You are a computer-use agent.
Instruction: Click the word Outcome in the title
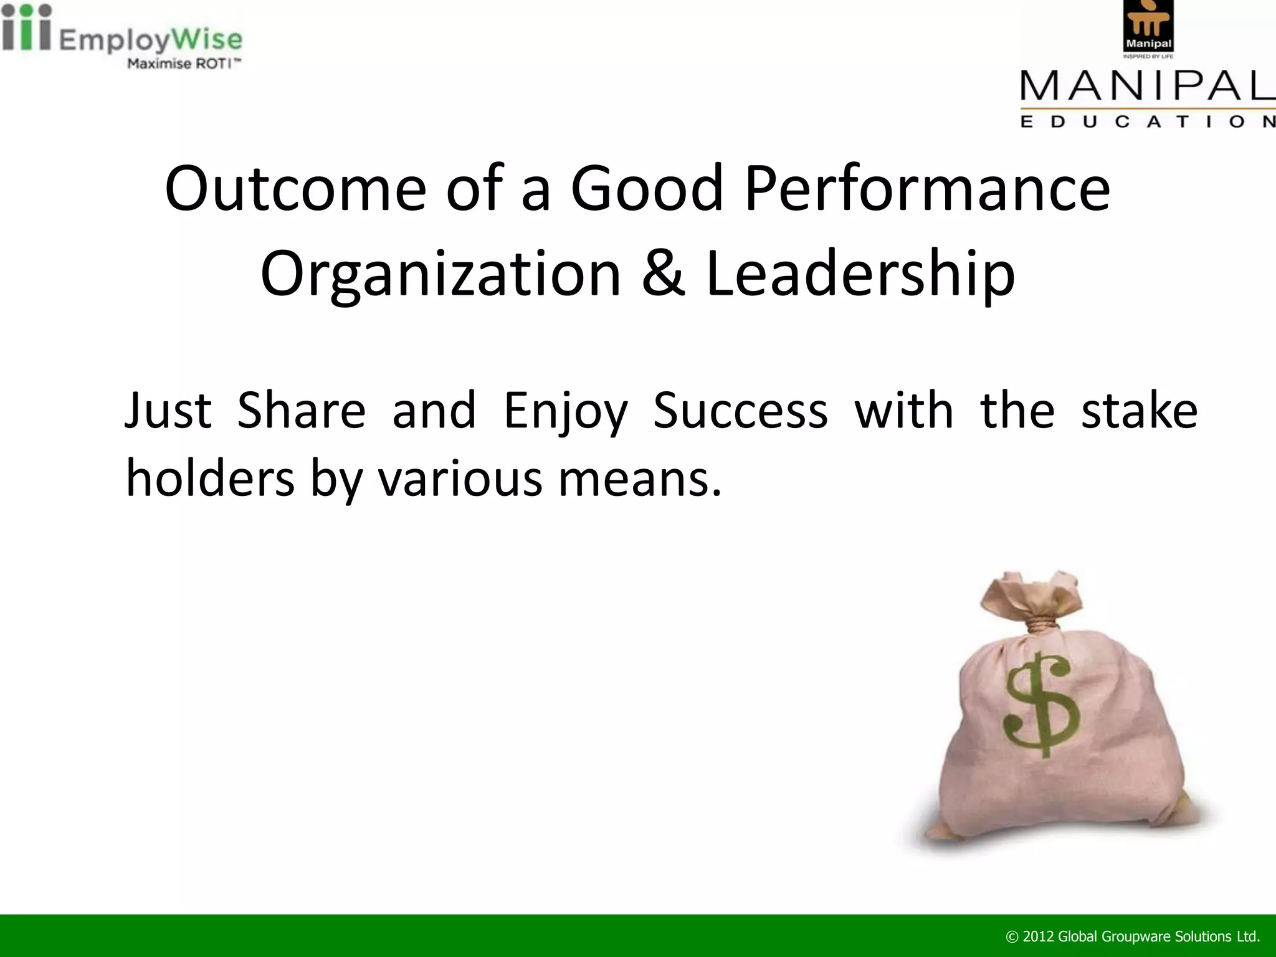coord(295,189)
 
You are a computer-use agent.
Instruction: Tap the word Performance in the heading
coord(926,189)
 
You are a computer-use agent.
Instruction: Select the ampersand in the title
coord(663,274)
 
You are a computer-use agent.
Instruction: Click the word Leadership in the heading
coord(860,274)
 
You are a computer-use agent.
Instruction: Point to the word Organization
coord(440,274)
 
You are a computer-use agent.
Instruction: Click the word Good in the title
coord(647,189)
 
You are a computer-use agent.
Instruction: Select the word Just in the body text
coord(168,411)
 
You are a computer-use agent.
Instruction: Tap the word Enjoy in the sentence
coord(565,411)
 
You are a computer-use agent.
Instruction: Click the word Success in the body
coord(740,411)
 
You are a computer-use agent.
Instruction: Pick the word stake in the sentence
coord(1139,411)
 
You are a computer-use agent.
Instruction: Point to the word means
coord(640,480)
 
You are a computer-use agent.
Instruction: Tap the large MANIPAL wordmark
coord(1147,86)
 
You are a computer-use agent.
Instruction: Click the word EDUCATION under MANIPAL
coord(1147,121)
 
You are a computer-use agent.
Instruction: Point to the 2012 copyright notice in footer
coord(1133,936)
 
